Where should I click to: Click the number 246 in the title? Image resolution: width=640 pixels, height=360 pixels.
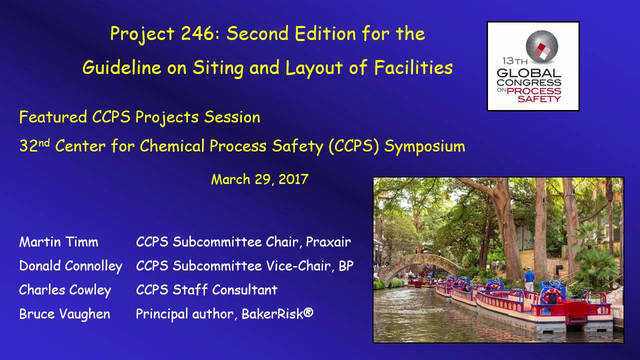197,33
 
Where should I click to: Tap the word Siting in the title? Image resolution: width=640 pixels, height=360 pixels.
218,68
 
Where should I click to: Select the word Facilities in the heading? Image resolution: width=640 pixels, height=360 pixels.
413,67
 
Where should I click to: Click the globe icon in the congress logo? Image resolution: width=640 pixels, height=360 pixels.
541,46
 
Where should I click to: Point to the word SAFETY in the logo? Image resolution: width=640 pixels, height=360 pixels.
539,99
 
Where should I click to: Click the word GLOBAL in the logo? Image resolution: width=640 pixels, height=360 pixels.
529,73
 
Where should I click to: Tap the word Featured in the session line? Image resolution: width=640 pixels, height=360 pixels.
53,117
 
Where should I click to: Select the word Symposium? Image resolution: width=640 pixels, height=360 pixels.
424,146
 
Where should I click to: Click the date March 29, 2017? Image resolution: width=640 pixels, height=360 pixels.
259,179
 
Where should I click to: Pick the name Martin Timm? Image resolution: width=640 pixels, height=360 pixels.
59,242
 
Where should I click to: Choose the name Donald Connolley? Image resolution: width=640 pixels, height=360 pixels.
71,266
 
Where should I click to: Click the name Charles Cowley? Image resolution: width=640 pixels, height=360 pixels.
65,290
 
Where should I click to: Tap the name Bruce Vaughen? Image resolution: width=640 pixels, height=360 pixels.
65,313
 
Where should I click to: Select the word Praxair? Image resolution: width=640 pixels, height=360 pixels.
328,242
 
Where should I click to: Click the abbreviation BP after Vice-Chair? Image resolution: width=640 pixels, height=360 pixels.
346,266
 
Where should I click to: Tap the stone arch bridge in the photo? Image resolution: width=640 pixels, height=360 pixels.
420,267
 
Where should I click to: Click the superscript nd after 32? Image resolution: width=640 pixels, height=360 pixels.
44,142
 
